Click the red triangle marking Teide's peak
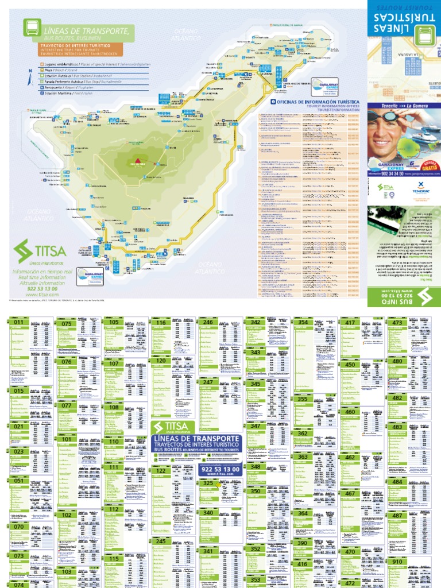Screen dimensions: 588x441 [x=138, y=160]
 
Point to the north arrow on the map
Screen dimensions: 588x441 [x=29, y=78]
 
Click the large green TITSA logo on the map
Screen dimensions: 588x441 [x=40, y=252]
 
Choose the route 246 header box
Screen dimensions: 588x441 [x=208, y=323]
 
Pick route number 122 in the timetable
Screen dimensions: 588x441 [x=160, y=471]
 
